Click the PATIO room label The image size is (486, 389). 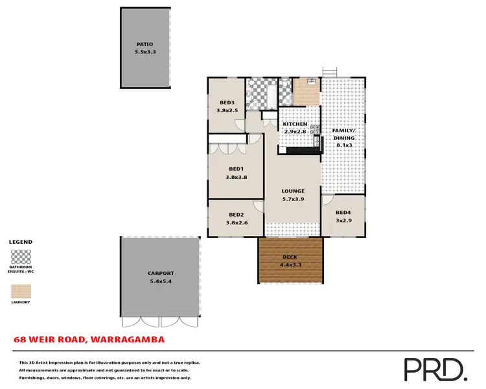(145, 44)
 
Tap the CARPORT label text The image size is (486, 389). (161, 274)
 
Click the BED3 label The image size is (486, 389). (227, 102)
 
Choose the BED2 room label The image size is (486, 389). (237, 215)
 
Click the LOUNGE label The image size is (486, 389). (293, 191)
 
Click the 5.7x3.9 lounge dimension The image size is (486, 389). (293, 199)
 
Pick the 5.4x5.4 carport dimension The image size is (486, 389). (161, 281)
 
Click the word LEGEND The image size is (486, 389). (20, 242)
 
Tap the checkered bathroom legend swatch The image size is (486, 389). (21, 255)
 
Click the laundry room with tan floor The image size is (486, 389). (307, 92)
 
